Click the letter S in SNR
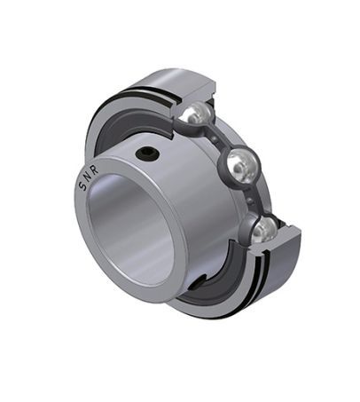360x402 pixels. (x=82, y=186)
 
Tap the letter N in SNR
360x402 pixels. (x=88, y=178)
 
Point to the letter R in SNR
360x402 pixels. (x=95, y=171)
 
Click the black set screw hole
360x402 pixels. (x=147, y=153)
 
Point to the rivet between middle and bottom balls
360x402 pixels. (x=250, y=201)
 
